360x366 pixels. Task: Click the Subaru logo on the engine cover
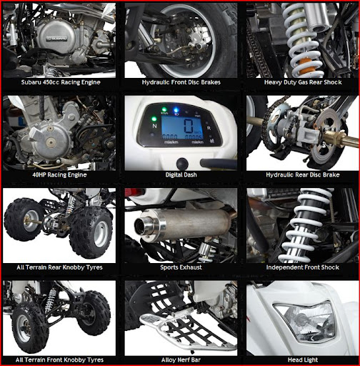pyautogui.click(x=56, y=39)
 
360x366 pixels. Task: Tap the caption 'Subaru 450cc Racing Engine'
pyautogui.click(x=61, y=82)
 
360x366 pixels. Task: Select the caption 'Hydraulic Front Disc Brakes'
pyautogui.click(x=181, y=82)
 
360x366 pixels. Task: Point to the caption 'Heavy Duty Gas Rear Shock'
pyautogui.click(x=303, y=82)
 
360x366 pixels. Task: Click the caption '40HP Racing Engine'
pyautogui.click(x=59, y=175)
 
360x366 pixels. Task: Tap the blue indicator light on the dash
pyautogui.click(x=176, y=110)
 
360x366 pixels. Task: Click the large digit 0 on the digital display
pyautogui.click(x=189, y=126)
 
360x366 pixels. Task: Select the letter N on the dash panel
pyautogui.click(x=154, y=126)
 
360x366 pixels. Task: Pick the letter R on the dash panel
pyautogui.click(x=209, y=128)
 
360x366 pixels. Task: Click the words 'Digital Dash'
pyautogui.click(x=181, y=175)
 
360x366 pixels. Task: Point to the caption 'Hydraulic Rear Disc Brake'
pyautogui.click(x=303, y=175)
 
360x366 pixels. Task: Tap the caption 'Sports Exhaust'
pyautogui.click(x=181, y=267)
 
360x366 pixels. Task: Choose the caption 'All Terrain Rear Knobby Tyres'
pyautogui.click(x=59, y=267)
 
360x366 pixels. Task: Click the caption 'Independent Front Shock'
pyautogui.click(x=303, y=267)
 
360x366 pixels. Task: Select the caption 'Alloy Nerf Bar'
pyautogui.click(x=181, y=360)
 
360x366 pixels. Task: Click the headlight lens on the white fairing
pyautogui.click(x=305, y=320)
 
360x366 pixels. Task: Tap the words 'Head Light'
pyautogui.click(x=303, y=360)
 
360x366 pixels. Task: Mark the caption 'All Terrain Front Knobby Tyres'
pyautogui.click(x=59, y=360)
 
